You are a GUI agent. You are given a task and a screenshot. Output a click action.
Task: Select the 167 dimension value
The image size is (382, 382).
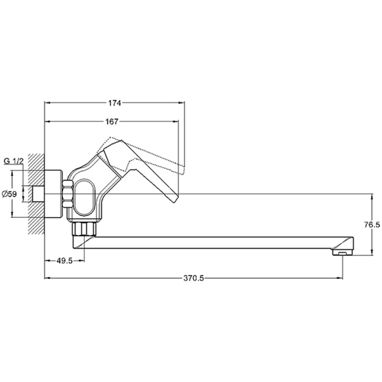pos(112,121)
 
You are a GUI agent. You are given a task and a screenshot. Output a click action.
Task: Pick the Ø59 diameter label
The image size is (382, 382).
pos(10,194)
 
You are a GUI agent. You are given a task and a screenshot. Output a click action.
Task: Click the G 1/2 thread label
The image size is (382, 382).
pos(14,161)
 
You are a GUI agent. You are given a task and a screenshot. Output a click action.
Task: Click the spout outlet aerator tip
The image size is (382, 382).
pos(342,252)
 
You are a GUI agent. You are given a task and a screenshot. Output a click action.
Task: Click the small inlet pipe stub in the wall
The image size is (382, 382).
pos(38,193)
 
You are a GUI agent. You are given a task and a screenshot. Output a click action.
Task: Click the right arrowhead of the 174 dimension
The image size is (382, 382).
pos(182,102)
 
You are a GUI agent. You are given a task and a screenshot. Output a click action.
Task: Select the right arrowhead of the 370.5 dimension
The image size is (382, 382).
pos(341,278)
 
